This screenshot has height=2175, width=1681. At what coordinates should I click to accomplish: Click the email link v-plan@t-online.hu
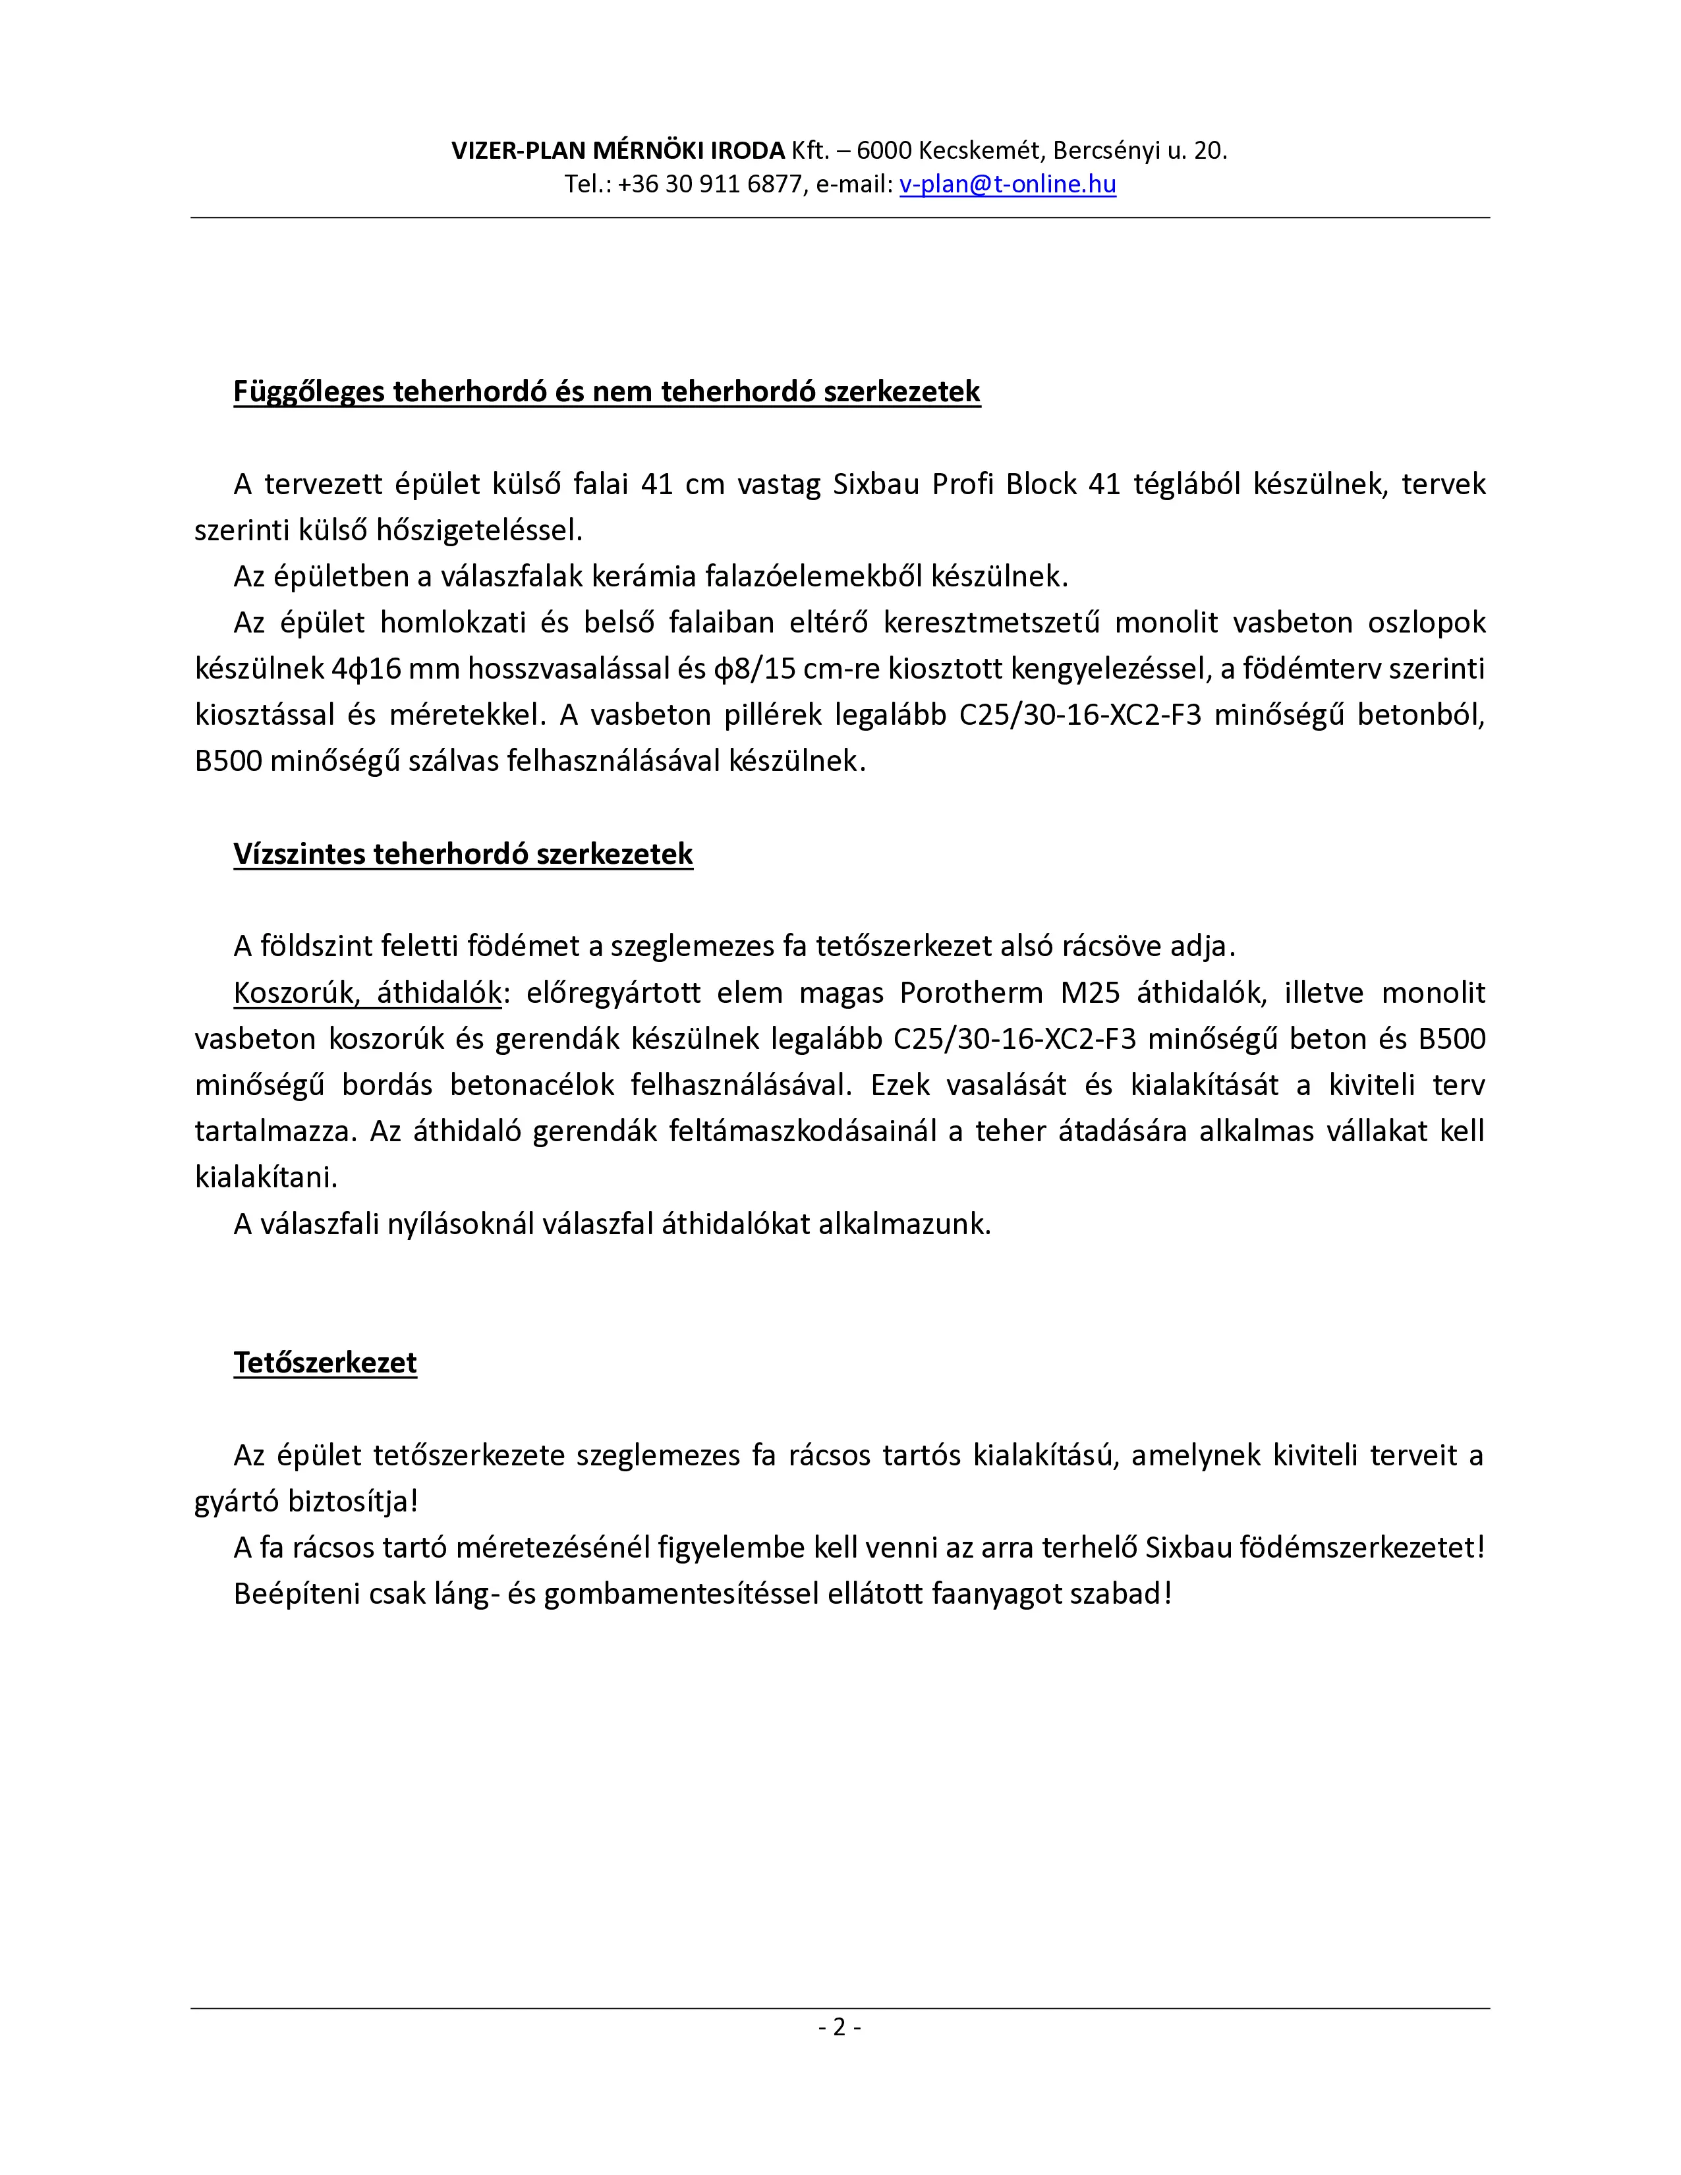(1007, 184)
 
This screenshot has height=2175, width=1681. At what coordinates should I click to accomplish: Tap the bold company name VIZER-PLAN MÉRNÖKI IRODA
(617, 150)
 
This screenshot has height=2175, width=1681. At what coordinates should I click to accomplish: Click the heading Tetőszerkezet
(325, 1363)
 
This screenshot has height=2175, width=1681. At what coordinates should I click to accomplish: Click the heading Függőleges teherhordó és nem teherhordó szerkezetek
(606, 391)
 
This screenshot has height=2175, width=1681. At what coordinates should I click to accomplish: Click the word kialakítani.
(266, 1177)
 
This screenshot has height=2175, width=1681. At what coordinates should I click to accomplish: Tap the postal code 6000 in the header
(883, 150)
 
